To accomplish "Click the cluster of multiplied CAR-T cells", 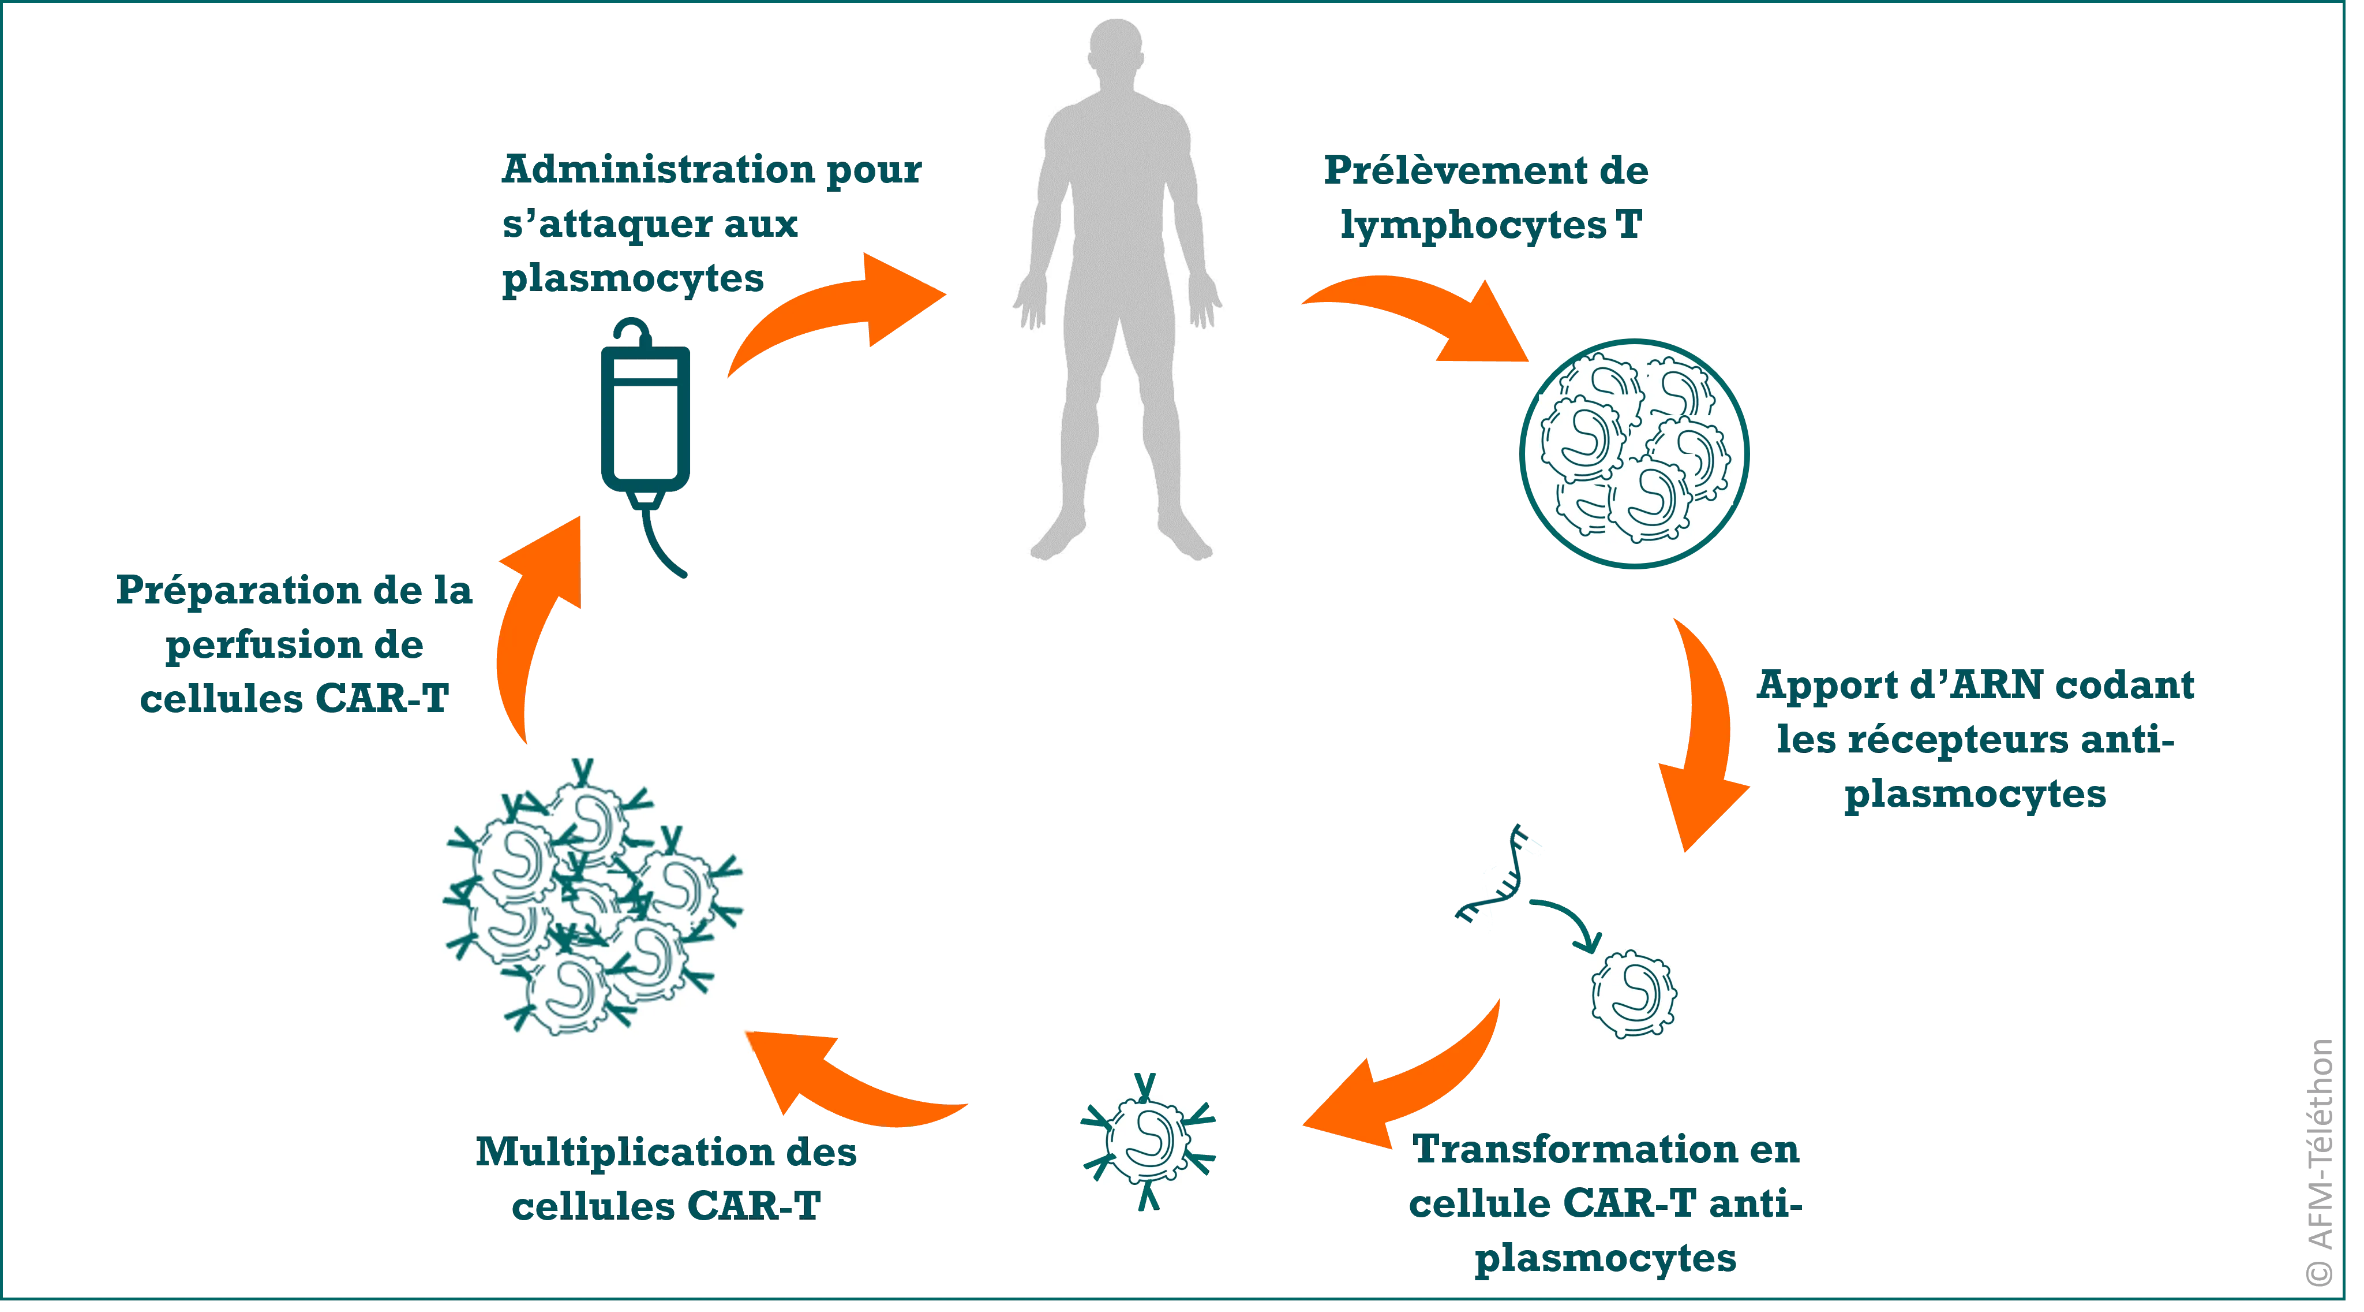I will tap(575, 904).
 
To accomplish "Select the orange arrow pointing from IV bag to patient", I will tap(826, 312).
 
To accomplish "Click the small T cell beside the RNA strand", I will tap(1634, 993).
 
